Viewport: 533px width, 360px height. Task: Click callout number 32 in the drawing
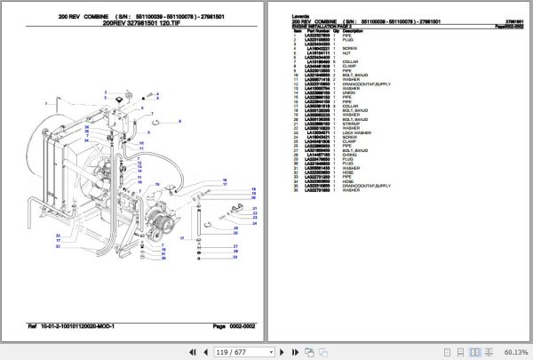(58, 245)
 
